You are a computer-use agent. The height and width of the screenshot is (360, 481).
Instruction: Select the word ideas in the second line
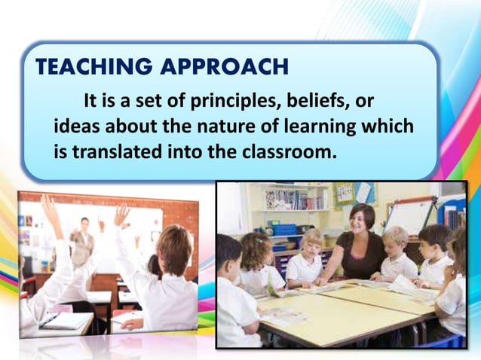point(75,127)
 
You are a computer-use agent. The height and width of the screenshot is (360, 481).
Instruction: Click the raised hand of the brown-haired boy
point(121,215)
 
